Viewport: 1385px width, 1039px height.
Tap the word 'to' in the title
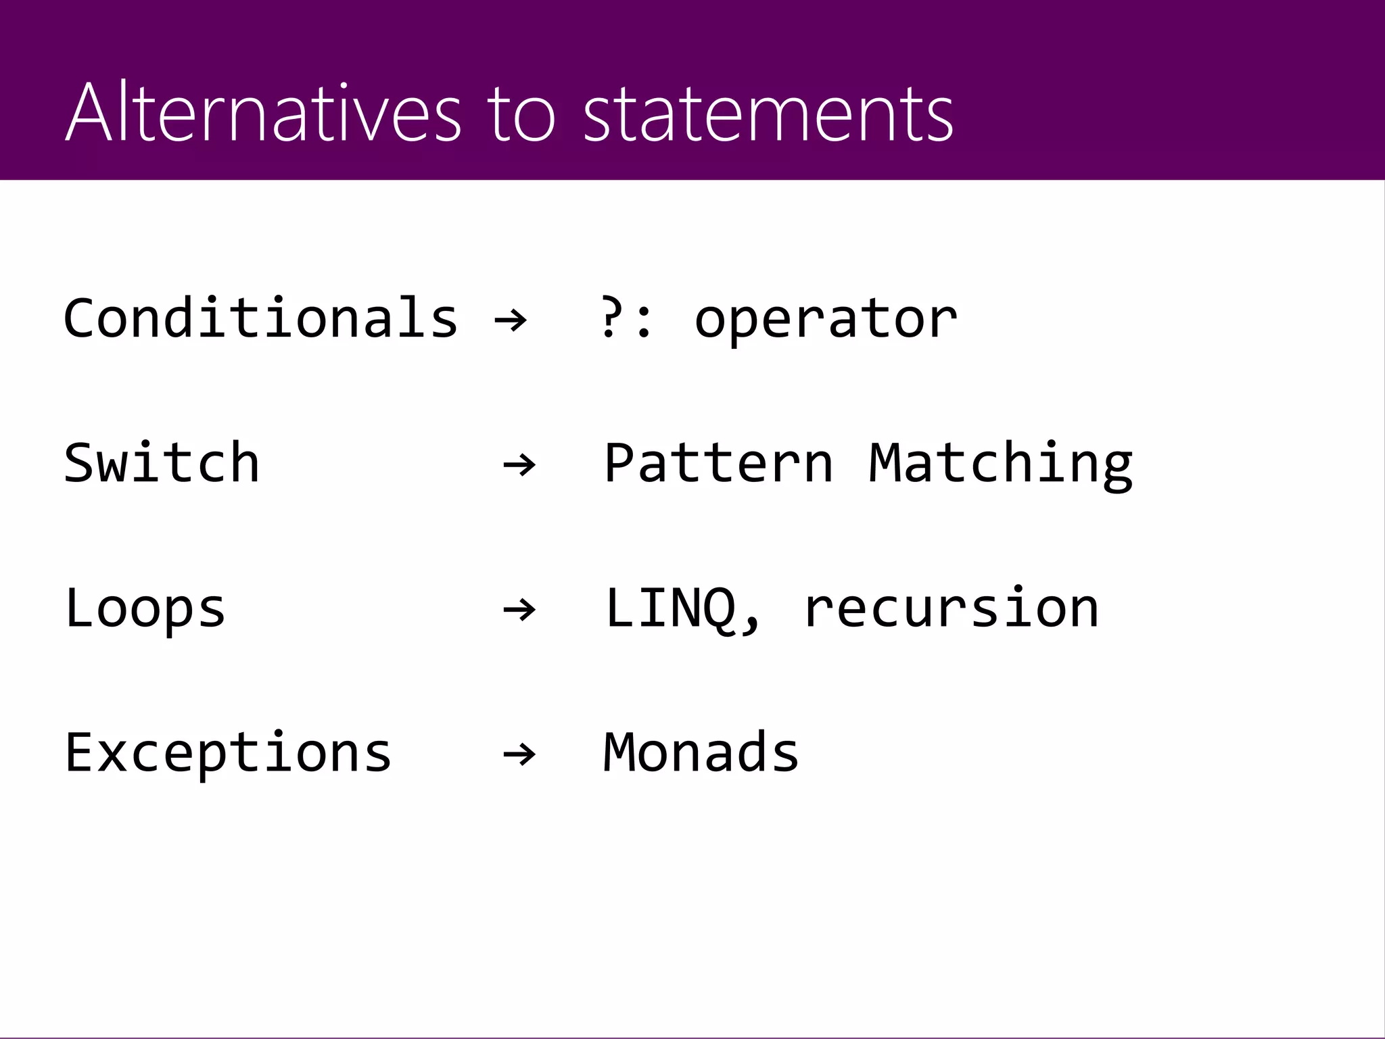coord(521,114)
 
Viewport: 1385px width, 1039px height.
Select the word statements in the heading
coord(768,114)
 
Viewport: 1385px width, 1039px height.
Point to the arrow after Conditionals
coord(511,319)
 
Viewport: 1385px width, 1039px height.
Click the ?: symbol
coord(626,319)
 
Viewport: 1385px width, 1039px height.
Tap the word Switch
coord(162,463)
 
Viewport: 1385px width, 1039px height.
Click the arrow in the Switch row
coord(519,464)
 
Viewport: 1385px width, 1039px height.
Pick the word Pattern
coord(718,463)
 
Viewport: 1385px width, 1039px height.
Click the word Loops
coord(145,608)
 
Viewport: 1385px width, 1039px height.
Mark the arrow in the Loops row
coord(519,610)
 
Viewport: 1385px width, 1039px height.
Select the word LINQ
coord(670,608)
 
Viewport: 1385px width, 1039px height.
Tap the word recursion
coord(951,608)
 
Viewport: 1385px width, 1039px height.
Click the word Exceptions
coord(228,753)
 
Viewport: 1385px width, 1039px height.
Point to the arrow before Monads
coord(519,754)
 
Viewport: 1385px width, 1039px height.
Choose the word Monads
coord(701,752)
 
